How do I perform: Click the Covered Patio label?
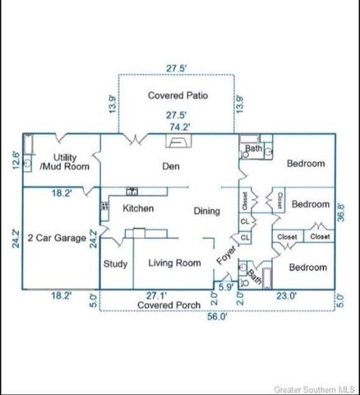click(x=178, y=95)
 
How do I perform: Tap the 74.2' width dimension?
click(x=180, y=127)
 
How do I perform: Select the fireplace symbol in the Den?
click(x=178, y=141)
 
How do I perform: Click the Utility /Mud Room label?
click(x=65, y=162)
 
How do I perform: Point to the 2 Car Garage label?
click(x=57, y=238)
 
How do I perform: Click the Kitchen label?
click(x=138, y=208)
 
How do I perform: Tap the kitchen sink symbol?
click(x=132, y=191)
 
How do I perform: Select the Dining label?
click(x=207, y=211)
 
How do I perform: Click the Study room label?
click(x=115, y=264)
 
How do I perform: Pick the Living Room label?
click(x=174, y=263)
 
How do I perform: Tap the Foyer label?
click(x=226, y=255)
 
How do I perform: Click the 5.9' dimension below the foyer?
click(x=226, y=287)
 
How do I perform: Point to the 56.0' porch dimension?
click(x=217, y=316)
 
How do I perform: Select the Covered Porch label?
click(x=168, y=305)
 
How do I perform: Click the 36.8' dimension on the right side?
click(x=340, y=212)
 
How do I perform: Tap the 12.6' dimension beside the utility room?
click(x=16, y=160)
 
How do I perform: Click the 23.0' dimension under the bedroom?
click(x=287, y=295)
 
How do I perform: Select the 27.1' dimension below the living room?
click(x=156, y=295)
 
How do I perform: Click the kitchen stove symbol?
click(x=104, y=206)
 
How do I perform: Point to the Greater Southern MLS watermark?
click(x=314, y=389)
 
